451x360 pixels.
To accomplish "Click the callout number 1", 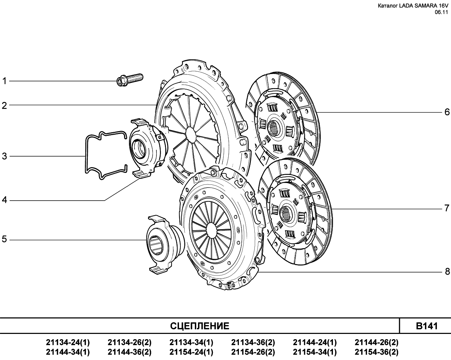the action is tap(4, 81).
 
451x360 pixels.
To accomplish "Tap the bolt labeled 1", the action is tap(130, 80).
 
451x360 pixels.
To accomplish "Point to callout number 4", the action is tap(4, 200).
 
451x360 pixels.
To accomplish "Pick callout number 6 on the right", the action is tap(447, 112).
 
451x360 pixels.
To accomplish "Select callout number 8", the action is tap(447, 272).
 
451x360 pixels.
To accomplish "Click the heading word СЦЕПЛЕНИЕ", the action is tap(199, 326).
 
